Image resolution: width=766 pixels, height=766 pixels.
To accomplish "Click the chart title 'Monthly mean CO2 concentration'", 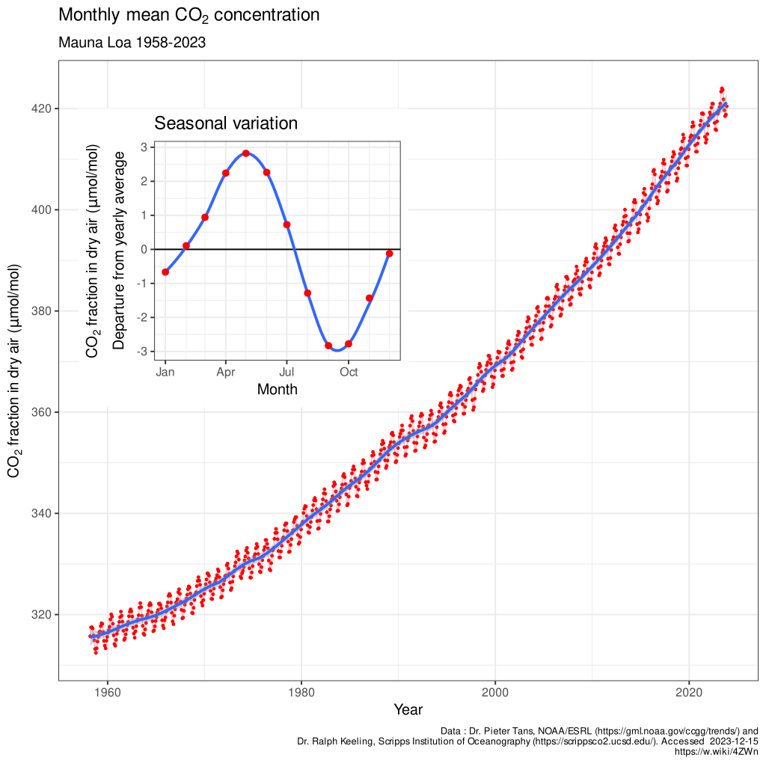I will pos(189,15).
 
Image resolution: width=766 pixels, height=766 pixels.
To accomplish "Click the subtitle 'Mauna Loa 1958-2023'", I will pos(132,43).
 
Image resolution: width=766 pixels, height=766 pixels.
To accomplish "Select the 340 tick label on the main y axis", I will pos(41,513).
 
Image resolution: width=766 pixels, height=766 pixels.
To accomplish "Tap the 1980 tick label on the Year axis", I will pos(301,691).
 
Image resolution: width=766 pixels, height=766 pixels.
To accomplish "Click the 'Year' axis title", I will pos(408,709).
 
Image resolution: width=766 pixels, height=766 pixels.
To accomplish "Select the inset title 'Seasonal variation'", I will pos(226,123).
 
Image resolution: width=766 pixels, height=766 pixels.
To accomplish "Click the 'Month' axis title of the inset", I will pos(277,389).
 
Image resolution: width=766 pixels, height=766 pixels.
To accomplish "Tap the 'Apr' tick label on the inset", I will pos(226,371).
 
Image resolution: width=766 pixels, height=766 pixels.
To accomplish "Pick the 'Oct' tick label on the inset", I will pos(348,371).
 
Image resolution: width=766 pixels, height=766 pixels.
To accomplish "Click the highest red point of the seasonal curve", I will pos(246,153).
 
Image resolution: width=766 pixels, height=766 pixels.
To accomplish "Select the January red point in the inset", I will pos(165,272).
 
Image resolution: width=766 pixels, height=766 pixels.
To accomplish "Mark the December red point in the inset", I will pos(389,254).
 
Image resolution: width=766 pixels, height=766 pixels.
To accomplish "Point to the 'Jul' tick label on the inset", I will pos(287,371).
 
